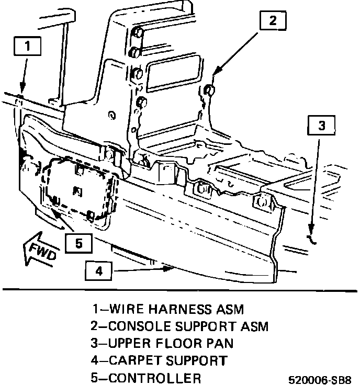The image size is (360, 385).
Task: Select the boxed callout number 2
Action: pyautogui.click(x=272, y=21)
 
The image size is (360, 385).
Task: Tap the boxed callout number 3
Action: pyautogui.click(x=322, y=125)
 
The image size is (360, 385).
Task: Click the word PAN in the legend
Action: pyautogui.click(x=220, y=344)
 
